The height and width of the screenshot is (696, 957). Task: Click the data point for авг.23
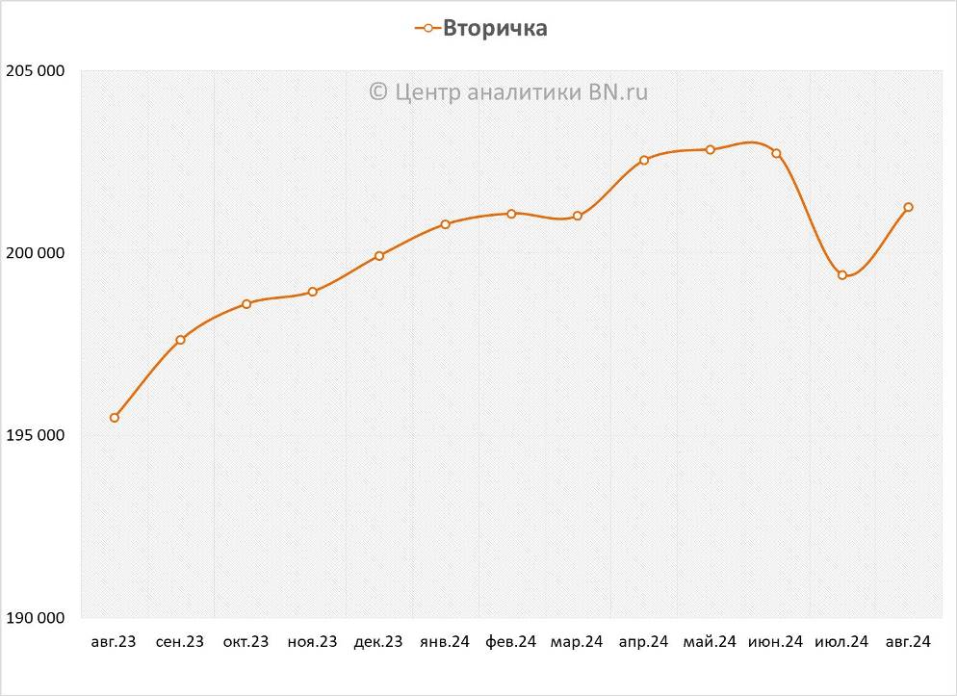click(x=115, y=418)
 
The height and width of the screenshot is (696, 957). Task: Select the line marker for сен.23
click(x=180, y=340)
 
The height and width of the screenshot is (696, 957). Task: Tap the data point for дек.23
click(x=379, y=256)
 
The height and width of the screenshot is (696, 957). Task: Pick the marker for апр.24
click(x=644, y=160)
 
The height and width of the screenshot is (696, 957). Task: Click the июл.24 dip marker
click(x=842, y=275)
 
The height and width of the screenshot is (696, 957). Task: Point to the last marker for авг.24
click(x=908, y=207)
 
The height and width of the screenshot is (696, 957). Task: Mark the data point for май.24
click(x=711, y=150)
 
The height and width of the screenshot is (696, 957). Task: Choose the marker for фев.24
click(x=511, y=214)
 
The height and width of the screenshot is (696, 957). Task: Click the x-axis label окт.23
click(x=246, y=642)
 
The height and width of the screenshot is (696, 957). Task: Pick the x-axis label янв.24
click(x=445, y=642)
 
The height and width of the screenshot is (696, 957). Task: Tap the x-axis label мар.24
click(x=577, y=642)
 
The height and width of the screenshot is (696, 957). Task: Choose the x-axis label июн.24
click(x=775, y=642)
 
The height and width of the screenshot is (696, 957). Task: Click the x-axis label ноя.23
click(x=313, y=642)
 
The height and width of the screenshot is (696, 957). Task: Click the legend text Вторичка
click(x=495, y=28)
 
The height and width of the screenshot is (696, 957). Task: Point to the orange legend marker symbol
click(x=427, y=28)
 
